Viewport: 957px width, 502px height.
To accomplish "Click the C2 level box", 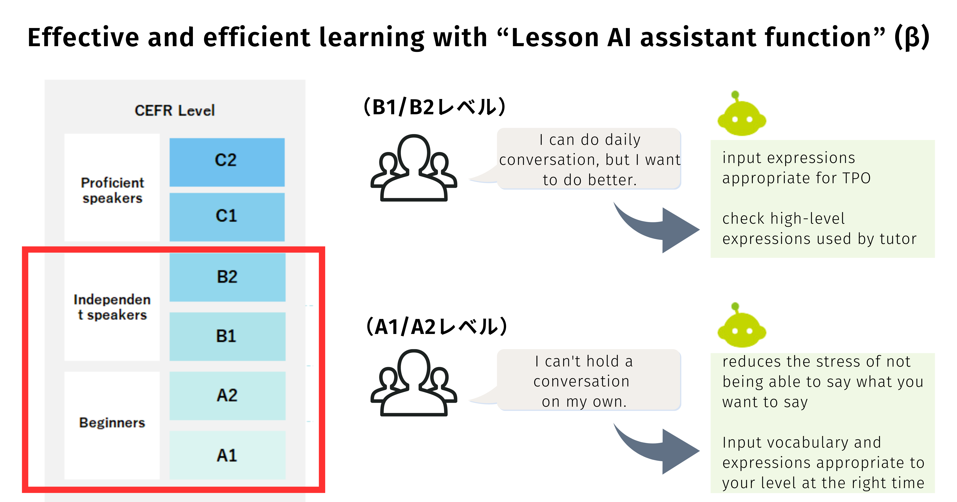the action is click(x=227, y=162).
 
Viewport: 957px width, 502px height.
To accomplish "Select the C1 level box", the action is click(x=227, y=217).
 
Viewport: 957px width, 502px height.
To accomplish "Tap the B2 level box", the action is click(x=227, y=277).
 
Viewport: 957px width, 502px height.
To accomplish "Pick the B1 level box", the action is click(x=227, y=336).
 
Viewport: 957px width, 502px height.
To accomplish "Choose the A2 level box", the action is click(x=227, y=396).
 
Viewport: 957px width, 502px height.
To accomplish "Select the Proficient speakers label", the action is click(x=112, y=190).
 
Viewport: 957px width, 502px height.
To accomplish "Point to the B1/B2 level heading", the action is click(x=435, y=107).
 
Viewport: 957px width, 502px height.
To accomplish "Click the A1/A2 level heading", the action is click(x=437, y=327).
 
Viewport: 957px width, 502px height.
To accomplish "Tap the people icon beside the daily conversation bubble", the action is click(x=413, y=168).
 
